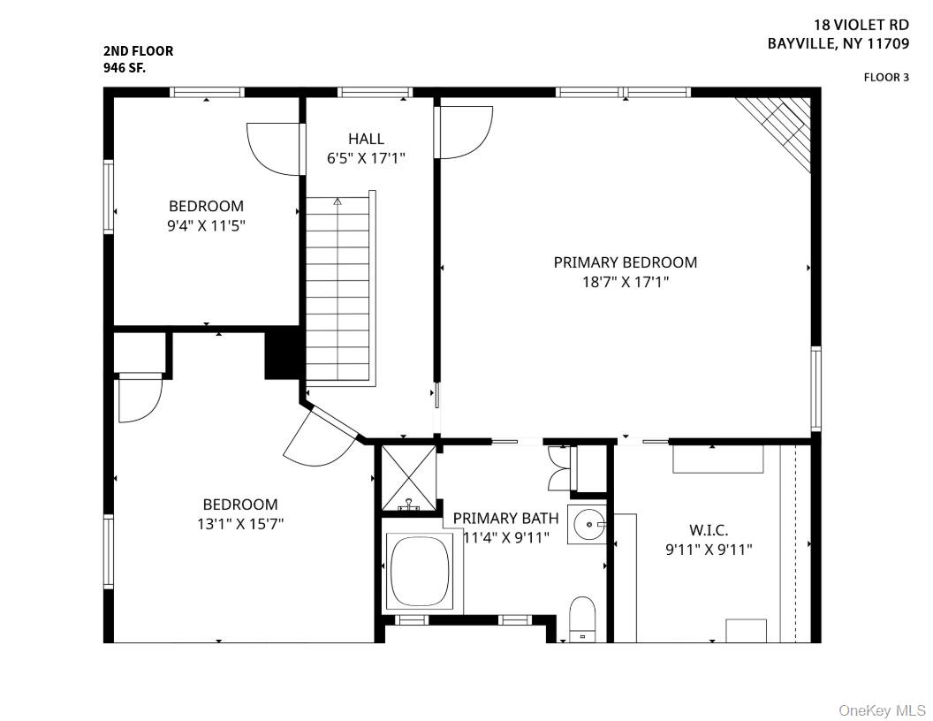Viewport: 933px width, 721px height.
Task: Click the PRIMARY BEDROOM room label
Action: click(x=625, y=262)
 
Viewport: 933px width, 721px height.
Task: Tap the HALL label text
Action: click(x=366, y=139)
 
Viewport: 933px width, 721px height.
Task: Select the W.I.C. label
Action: click(x=709, y=530)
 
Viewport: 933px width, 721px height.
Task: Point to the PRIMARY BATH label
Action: click(x=505, y=519)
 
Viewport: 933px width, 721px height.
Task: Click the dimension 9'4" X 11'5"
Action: click(x=206, y=225)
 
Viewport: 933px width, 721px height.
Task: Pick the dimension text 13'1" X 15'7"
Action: click(x=240, y=523)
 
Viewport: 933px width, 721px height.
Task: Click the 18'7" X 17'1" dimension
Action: click(x=625, y=282)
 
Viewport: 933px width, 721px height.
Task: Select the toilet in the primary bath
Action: click(x=582, y=619)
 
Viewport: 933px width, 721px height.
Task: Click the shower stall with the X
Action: click(x=408, y=477)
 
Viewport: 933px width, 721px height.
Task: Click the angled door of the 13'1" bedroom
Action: click(x=319, y=437)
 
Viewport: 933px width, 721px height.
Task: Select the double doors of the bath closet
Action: click(x=558, y=468)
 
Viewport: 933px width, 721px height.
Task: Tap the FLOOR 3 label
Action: click(x=885, y=78)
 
